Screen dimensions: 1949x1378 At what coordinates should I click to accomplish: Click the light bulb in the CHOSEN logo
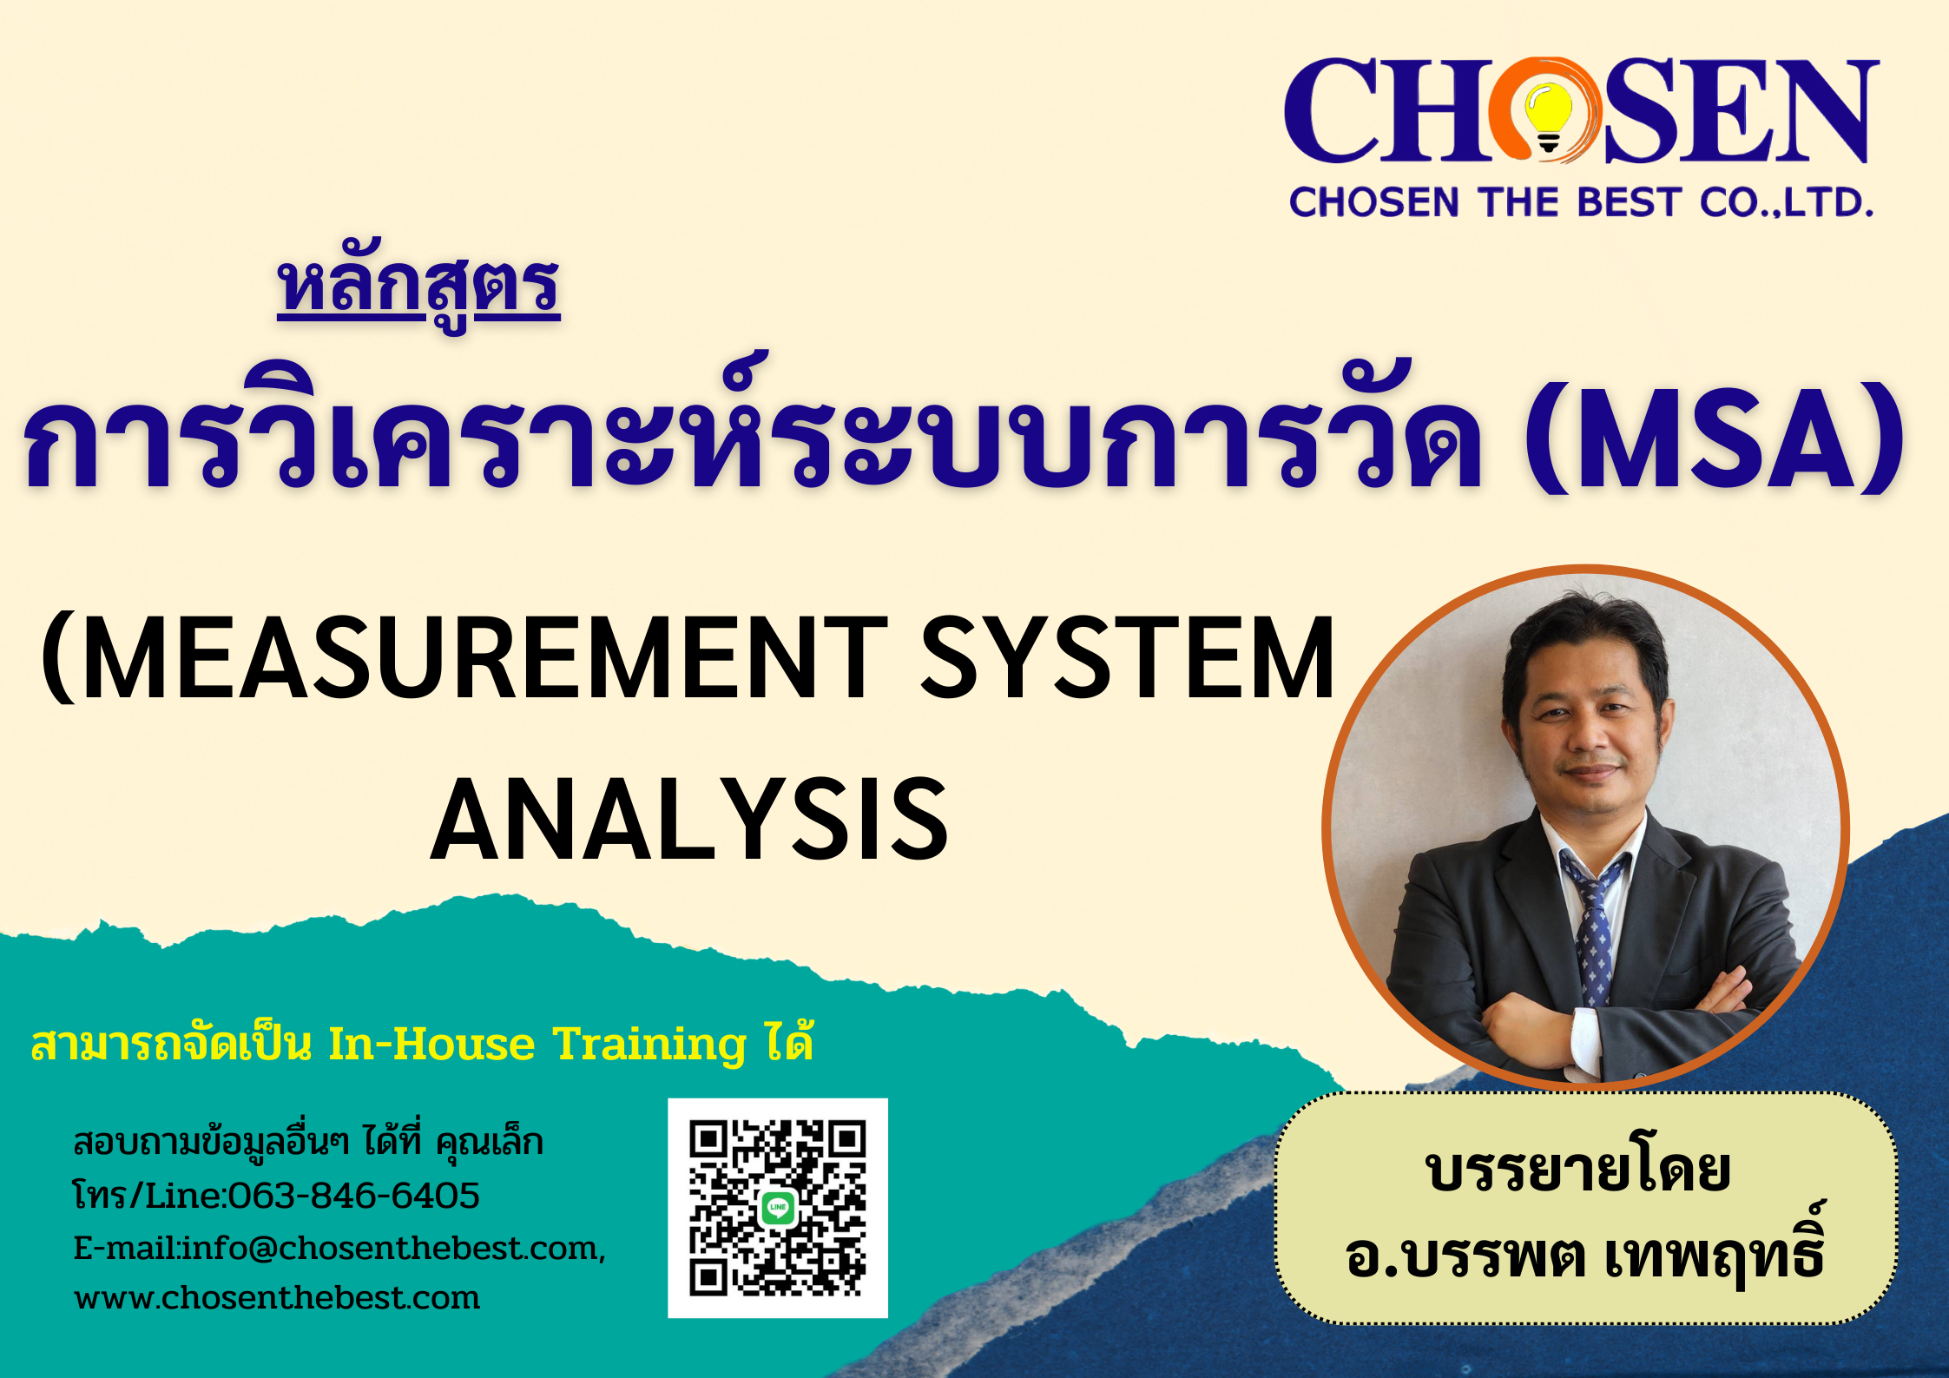(1548, 116)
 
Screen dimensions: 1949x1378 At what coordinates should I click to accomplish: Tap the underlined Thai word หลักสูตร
(418, 290)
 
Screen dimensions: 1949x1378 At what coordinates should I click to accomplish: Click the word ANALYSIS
(689, 820)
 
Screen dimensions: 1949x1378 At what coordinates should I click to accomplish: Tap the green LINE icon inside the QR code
(778, 1207)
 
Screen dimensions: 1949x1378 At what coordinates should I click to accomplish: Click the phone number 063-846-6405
(353, 1196)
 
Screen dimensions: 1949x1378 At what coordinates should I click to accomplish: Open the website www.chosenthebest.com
(277, 1298)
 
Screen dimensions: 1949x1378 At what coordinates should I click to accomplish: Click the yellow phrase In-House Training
(537, 1044)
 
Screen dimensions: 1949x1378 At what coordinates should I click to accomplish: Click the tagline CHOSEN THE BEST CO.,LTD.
(1581, 202)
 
